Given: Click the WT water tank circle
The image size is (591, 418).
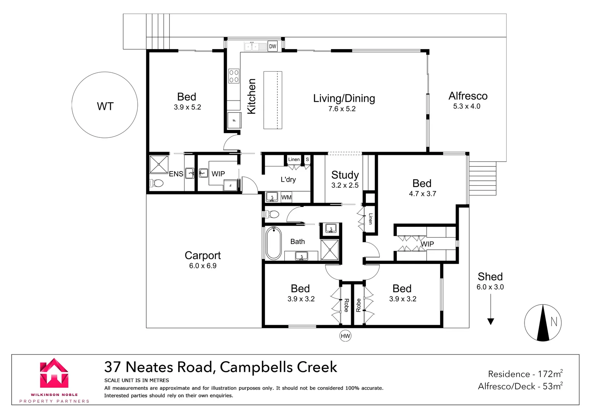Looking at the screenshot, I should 105,105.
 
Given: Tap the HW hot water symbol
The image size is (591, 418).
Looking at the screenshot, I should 345,336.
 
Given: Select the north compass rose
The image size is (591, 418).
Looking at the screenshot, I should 543,322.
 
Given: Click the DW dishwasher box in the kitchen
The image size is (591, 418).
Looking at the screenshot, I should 273,46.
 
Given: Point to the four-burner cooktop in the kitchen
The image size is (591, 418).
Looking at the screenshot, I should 234,76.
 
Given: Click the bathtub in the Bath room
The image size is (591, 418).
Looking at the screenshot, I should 273,243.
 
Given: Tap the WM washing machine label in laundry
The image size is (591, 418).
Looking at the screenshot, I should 286,197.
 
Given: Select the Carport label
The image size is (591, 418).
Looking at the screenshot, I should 203,255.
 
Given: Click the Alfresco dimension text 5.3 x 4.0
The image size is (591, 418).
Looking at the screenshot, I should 466,106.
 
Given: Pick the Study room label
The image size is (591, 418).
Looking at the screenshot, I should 345,175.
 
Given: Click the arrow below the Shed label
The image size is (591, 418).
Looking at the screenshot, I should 490,310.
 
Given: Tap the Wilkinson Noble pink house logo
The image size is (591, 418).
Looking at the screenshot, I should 54,373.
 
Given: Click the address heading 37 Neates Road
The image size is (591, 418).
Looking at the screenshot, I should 220,367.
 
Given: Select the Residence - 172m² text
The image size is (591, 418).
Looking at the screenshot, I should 525,374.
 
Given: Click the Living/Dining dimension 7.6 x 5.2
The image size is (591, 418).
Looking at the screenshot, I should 342,109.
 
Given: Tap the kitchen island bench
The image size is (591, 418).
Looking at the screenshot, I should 273,100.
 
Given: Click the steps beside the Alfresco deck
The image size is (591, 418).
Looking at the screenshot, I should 482,178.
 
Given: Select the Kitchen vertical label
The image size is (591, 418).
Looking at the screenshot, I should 251,96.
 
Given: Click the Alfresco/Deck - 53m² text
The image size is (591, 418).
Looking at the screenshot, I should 520,386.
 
